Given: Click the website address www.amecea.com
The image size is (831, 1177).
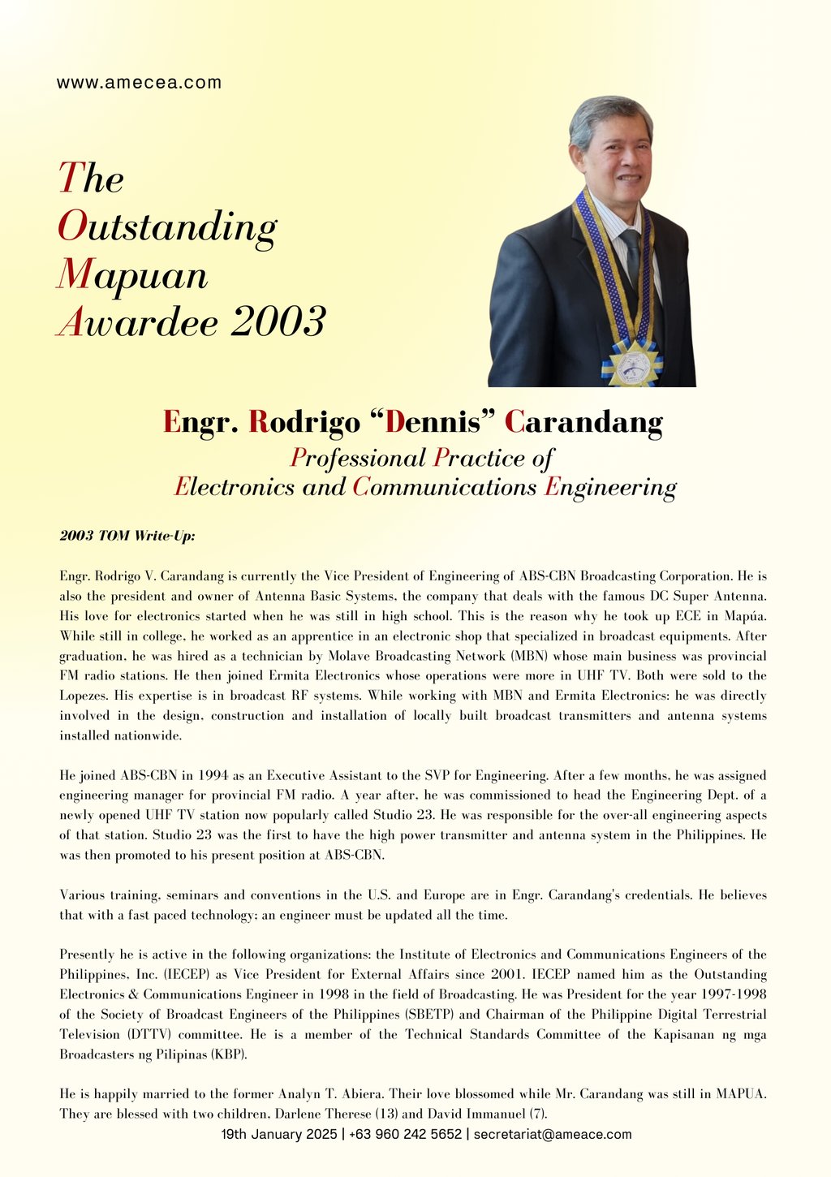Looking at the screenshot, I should click(139, 83).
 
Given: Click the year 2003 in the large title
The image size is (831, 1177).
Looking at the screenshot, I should click(278, 323).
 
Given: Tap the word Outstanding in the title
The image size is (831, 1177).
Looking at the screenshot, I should click(167, 227).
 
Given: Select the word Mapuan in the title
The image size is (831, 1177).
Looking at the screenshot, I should click(132, 275).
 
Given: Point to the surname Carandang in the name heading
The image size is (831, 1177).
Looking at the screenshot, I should click(583, 422).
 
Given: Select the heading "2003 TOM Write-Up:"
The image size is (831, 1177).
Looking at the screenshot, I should click(127, 536).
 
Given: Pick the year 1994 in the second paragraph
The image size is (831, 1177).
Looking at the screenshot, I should click(215, 776).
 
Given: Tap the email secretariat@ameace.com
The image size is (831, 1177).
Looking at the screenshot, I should click(553, 1134).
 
